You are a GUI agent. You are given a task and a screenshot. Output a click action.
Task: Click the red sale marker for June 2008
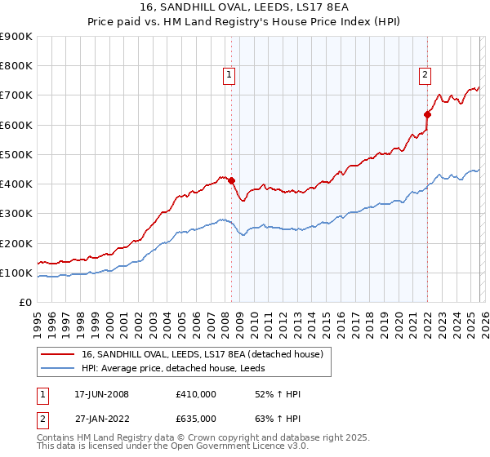point(231,180)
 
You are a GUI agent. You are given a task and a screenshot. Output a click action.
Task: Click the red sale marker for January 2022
point(427,114)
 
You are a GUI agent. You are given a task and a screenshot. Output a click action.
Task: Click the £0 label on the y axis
point(24,302)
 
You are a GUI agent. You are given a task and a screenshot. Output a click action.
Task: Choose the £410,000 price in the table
point(196,394)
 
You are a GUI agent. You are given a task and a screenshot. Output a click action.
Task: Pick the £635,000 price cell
point(196,418)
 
